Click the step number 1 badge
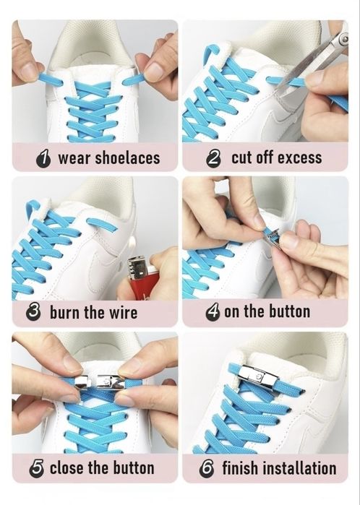(x=43, y=159)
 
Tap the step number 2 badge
(x=213, y=159)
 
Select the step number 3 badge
(x=33, y=313)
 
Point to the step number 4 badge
(x=213, y=312)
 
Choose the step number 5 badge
(x=37, y=469)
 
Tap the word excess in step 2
(x=299, y=157)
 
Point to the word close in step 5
(x=67, y=468)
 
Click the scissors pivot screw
(x=345, y=39)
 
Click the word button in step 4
(x=289, y=312)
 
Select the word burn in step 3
(x=65, y=313)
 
